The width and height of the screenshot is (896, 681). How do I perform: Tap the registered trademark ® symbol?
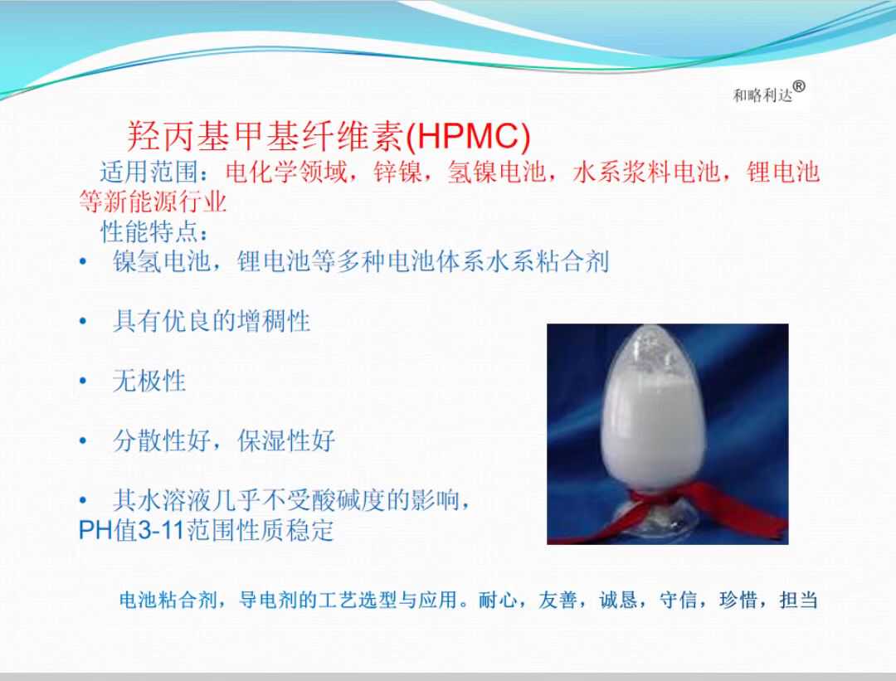click(x=799, y=86)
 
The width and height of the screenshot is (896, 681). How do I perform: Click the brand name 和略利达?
click(x=762, y=95)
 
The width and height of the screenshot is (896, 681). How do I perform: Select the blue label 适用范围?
click(x=149, y=172)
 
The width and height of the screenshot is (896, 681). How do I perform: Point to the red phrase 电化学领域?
click(x=285, y=172)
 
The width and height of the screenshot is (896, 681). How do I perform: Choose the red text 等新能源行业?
click(x=153, y=202)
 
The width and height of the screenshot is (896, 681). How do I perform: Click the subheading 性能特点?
click(x=149, y=231)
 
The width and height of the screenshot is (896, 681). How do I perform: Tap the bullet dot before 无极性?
click(x=83, y=381)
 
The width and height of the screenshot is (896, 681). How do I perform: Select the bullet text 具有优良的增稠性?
click(x=212, y=320)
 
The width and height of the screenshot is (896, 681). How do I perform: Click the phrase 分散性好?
click(x=162, y=440)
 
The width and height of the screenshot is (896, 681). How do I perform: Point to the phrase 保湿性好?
click(x=286, y=440)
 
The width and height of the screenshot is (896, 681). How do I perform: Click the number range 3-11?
click(x=161, y=530)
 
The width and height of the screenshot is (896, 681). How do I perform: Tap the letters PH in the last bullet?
click(x=95, y=530)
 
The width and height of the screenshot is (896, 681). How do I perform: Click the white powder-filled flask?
click(x=654, y=411)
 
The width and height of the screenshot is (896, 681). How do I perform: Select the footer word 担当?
click(x=798, y=600)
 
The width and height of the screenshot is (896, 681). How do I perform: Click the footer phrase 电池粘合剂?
click(x=168, y=600)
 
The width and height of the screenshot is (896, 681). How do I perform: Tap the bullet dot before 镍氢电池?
click(x=83, y=261)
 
